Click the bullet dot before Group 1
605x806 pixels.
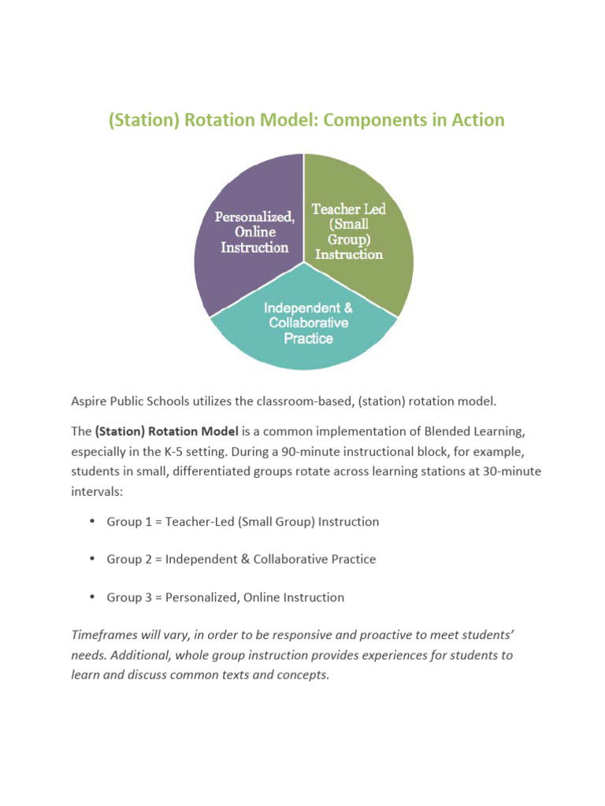coord(92,521)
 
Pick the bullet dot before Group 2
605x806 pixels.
coord(92,558)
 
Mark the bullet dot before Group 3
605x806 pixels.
coord(92,596)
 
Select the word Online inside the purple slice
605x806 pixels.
coord(254,232)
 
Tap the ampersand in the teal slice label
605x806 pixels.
coord(347,308)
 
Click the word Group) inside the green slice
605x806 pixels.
coord(349,239)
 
